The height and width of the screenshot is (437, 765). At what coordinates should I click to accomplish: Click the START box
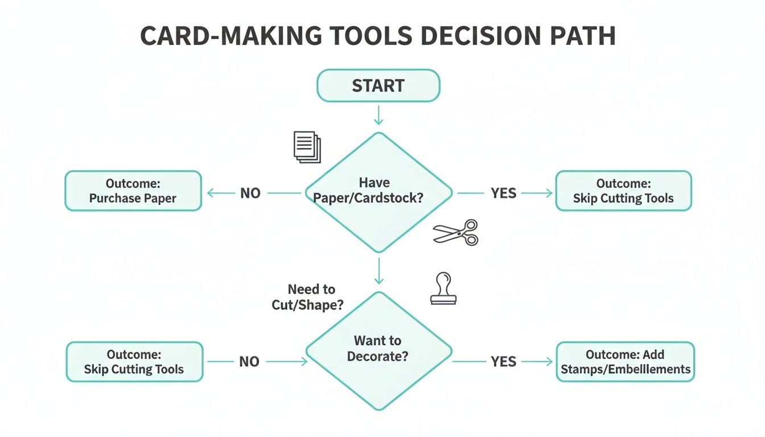coord(378,86)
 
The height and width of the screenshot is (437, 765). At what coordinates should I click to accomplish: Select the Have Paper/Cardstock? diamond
coord(379,192)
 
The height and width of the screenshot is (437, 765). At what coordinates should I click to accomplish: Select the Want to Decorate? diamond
coord(379,350)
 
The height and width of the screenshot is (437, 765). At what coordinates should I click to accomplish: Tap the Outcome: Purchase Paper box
coord(133,191)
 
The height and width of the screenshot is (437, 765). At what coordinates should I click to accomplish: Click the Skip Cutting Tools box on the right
coord(623,191)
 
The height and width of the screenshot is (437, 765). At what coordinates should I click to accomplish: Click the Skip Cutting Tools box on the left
coord(134,361)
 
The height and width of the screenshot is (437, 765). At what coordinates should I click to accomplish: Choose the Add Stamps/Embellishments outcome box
coord(625,361)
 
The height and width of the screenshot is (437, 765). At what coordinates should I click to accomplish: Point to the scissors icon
coord(456,232)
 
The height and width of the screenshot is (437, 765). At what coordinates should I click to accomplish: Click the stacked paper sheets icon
coord(307,146)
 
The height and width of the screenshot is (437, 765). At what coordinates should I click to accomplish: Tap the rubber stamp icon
coord(443,288)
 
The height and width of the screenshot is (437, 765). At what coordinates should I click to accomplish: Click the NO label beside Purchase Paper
coord(250,193)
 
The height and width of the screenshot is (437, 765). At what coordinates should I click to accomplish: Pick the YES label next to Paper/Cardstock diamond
coord(504,193)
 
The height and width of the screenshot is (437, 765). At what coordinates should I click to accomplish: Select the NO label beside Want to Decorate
coord(249,361)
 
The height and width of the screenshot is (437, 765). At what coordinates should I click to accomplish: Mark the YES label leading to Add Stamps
coord(504,361)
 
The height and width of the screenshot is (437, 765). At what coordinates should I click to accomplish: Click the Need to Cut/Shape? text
coord(308,297)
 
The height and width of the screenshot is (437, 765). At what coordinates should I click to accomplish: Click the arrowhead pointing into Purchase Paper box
coord(210,193)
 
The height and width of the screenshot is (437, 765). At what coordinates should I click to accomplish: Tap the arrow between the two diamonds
coord(379,271)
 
